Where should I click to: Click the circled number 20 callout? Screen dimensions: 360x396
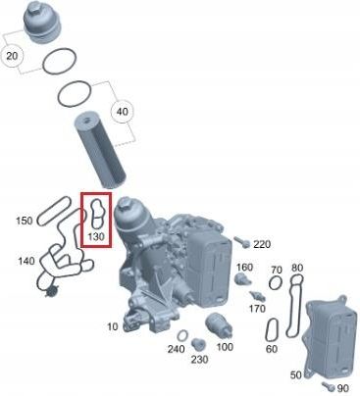[12, 56]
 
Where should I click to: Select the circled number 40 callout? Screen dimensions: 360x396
[123, 112]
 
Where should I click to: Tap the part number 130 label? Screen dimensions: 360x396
[96, 236]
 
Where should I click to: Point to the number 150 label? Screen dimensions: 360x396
[25, 221]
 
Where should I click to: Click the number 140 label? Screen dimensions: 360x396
[26, 261]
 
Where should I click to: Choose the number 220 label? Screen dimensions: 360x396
[262, 244]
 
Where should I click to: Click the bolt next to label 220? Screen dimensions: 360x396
[242, 242]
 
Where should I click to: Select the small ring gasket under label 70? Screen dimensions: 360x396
[276, 282]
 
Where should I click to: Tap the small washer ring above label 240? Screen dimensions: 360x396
[182, 335]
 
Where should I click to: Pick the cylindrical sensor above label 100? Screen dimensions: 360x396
[219, 324]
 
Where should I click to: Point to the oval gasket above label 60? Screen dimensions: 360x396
[272, 329]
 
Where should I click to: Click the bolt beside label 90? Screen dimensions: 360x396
[329, 386]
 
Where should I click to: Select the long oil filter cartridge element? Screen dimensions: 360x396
[100, 150]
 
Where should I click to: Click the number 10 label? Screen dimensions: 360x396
[113, 326]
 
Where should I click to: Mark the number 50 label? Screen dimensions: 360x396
[296, 374]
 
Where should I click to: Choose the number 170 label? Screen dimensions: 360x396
[257, 308]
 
